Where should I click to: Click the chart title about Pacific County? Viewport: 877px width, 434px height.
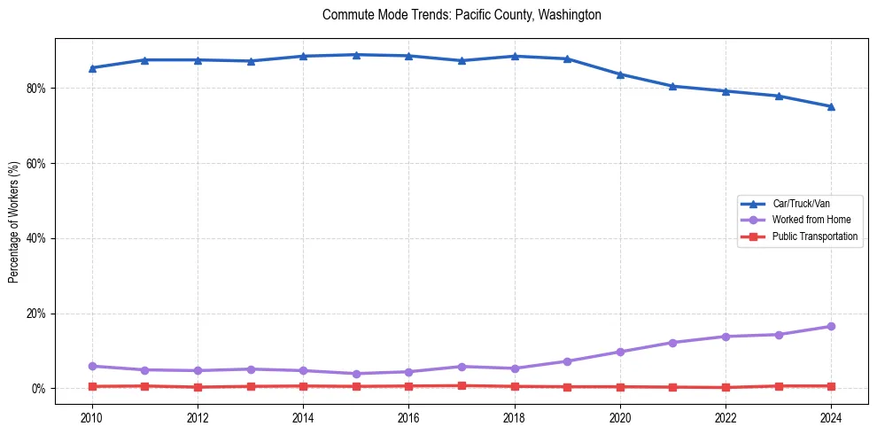462,15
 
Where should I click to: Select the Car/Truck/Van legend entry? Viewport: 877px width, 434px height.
801,204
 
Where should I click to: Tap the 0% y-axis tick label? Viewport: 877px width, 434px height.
41,389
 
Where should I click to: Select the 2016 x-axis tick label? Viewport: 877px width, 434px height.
408,417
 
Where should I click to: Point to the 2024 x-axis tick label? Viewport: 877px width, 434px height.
831,417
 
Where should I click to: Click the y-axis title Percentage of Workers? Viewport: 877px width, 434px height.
14,221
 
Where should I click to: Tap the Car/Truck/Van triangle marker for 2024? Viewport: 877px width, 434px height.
831,106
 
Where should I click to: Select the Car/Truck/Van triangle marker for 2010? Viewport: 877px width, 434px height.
92,67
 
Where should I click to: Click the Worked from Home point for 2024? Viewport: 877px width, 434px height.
831,327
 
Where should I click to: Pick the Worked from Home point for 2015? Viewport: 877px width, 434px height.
356,374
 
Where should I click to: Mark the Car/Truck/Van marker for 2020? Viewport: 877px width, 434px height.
620,74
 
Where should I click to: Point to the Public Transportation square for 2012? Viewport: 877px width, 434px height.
198,387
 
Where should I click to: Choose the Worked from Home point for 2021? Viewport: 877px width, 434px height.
672,343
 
